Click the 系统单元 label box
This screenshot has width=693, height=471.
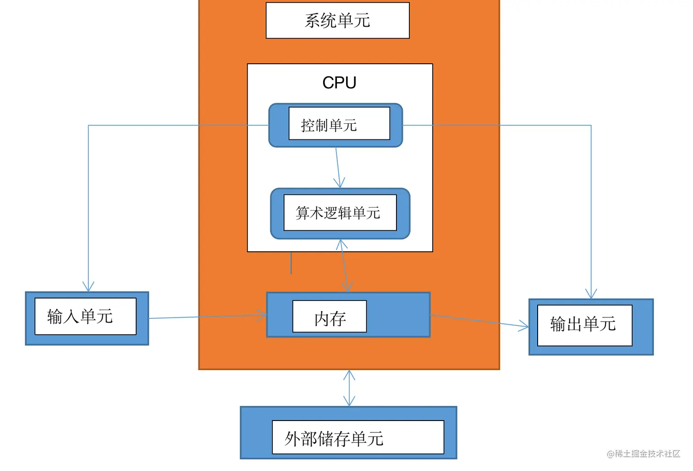[337, 21]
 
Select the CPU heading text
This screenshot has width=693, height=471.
[339, 83]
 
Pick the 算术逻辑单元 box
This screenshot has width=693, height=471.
[340, 213]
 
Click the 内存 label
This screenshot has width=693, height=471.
[330, 317]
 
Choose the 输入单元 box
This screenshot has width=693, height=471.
[86, 317]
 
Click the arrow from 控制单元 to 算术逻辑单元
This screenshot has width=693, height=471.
[338, 167]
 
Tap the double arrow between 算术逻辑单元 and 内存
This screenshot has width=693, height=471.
[344, 266]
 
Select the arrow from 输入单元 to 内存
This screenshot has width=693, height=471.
[206, 316]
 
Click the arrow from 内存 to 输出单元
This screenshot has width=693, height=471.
[479, 321]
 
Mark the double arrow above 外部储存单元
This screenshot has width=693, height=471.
[349, 388]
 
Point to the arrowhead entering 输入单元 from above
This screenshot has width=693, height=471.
[88, 287]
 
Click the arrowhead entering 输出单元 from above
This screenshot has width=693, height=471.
[591, 294]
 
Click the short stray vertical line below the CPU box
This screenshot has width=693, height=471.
[291, 263]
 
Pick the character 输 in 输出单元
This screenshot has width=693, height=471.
[558, 324]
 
